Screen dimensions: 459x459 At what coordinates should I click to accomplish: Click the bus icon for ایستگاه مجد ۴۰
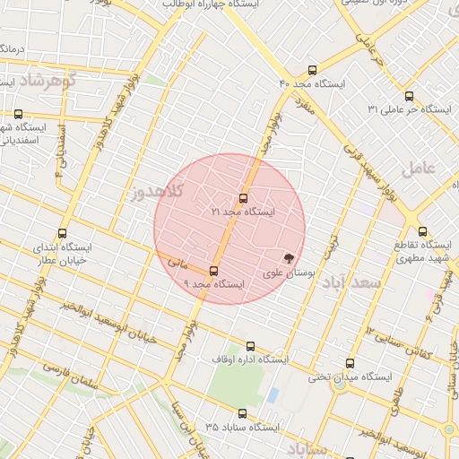[312, 70]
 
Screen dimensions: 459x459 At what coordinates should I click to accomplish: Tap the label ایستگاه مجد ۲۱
[243, 212]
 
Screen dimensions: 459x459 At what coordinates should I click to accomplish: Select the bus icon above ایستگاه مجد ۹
[213, 271]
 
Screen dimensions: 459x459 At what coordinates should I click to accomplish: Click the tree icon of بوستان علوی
[288, 257]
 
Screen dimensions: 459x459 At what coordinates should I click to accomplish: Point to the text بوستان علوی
[288, 273]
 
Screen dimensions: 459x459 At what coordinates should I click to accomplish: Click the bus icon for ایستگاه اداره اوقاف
[250, 345]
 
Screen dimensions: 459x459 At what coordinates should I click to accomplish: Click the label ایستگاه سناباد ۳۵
[243, 426]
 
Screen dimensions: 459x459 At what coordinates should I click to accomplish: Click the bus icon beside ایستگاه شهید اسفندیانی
[18, 114]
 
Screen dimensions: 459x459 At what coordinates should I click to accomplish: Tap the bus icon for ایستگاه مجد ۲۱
[243, 198]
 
